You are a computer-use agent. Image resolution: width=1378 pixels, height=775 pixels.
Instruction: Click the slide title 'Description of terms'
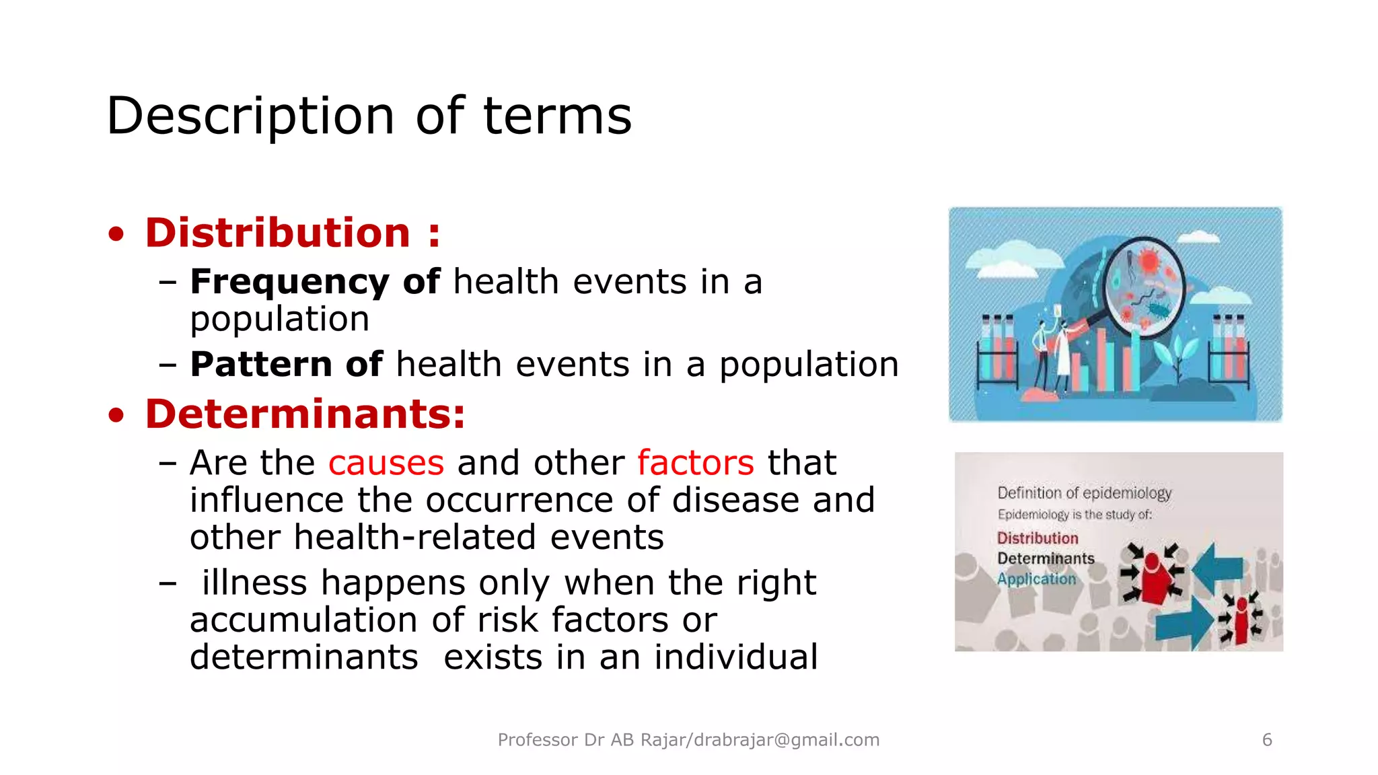pyautogui.click(x=369, y=116)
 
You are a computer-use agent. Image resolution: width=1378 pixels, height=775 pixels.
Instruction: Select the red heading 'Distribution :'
pyautogui.click(x=293, y=233)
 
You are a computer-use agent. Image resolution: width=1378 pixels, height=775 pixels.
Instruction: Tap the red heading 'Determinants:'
pyautogui.click(x=305, y=414)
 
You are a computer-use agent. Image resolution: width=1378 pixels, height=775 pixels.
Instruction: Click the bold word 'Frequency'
pyautogui.click(x=289, y=281)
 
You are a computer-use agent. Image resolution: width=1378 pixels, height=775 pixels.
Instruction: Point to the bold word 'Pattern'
pyautogui.click(x=261, y=364)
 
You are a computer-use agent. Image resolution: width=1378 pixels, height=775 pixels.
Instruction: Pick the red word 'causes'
pyautogui.click(x=386, y=463)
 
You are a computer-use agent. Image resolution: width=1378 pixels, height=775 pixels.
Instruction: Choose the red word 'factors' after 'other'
pyautogui.click(x=695, y=463)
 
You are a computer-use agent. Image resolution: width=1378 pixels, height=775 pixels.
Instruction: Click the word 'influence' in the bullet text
pyautogui.click(x=267, y=501)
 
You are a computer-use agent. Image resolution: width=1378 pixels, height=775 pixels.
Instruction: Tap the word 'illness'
pyautogui.click(x=254, y=583)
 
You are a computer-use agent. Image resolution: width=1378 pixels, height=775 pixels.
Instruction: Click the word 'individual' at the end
pyautogui.click(x=735, y=657)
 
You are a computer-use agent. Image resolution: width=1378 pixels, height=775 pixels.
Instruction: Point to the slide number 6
pyautogui.click(x=1267, y=740)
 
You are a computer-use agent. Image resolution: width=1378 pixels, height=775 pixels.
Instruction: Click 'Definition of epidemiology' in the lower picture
pyautogui.click(x=1084, y=493)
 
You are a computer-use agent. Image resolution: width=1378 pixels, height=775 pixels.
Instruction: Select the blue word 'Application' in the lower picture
pyautogui.click(x=1036, y=579)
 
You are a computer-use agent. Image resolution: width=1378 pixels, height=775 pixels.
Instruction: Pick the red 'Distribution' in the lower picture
pyautogui.click(x=1037, y=538)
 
